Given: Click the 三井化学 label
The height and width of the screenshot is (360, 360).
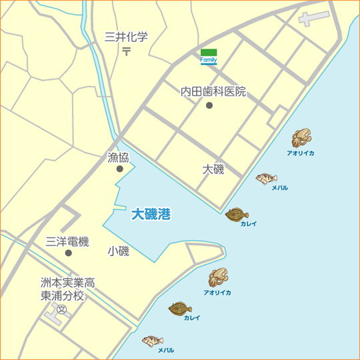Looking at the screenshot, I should [126, 37].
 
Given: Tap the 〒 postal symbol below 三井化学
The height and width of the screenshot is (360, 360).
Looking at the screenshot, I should [126, 52].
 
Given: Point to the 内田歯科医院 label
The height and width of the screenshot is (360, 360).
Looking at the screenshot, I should [213, 91].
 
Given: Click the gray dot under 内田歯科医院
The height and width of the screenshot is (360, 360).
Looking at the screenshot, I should [209, 105].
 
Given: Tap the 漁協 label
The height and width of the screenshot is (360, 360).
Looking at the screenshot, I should [118, 157].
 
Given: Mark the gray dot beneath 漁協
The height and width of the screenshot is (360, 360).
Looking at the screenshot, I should [119, 169].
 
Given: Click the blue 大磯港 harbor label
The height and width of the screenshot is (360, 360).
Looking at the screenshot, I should [151, 214].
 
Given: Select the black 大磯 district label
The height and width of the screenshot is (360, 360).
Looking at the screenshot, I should [213, 169].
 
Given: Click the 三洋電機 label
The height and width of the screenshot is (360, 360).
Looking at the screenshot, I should [67, 242].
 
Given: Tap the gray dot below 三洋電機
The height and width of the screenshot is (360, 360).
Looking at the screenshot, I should [68, 253].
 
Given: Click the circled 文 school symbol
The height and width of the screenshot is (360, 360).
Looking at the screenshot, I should [61, 310].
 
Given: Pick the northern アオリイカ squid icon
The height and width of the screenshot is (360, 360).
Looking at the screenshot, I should [301, 138].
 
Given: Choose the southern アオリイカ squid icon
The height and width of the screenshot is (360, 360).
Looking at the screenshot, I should [218, 277].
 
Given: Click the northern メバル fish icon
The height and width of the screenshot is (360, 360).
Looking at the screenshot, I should [267, 178].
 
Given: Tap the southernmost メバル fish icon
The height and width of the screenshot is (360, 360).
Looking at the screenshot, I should [153, 341].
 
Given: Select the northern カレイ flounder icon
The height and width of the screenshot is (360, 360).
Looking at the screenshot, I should [236, 214].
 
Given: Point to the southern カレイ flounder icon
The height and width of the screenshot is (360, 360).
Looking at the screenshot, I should [179, 309].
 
